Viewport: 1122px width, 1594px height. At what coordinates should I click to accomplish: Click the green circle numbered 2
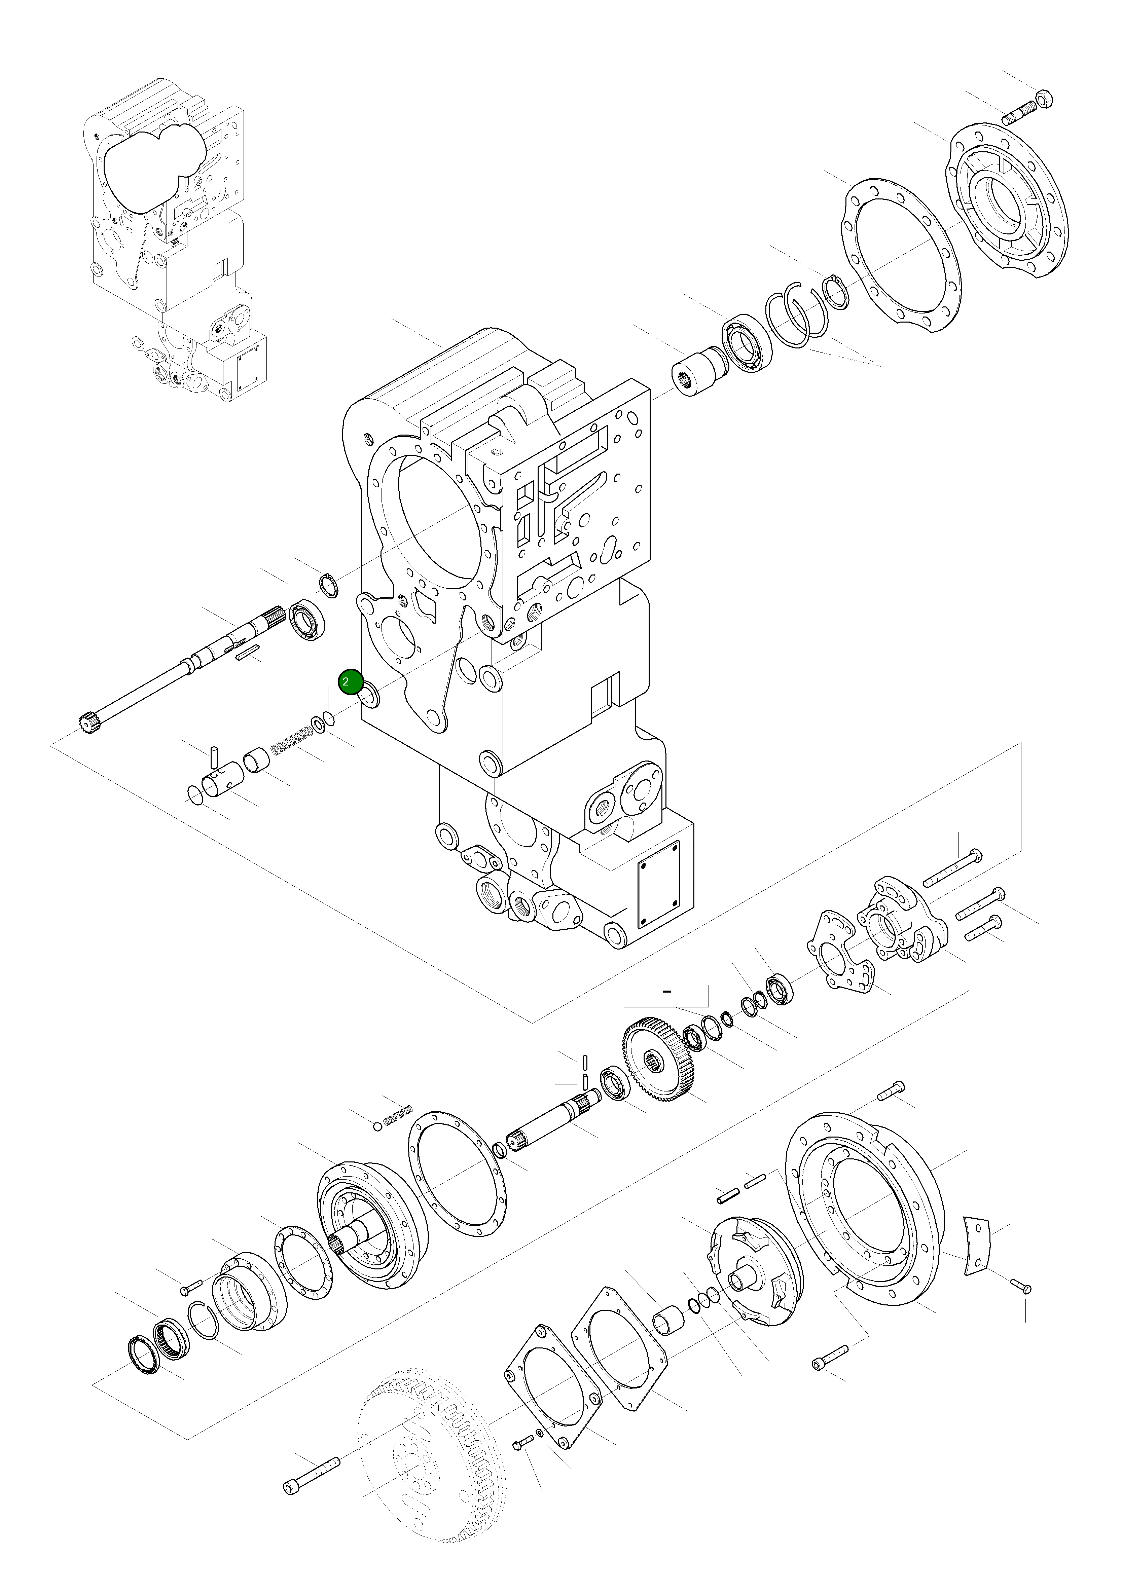tap(350, 682)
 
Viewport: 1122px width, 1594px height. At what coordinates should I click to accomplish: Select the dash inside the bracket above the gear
tap(666, 991)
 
